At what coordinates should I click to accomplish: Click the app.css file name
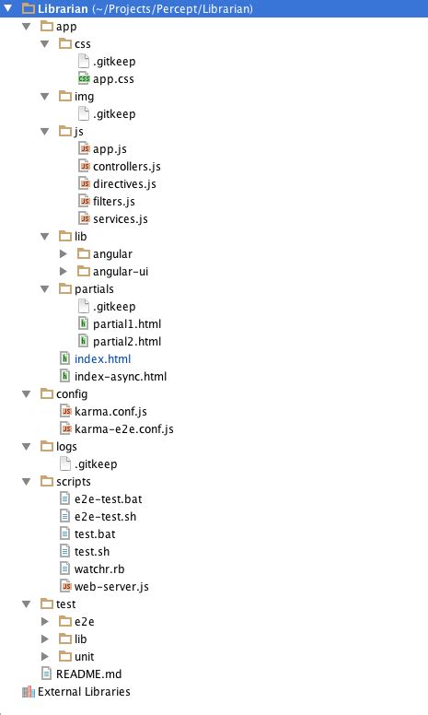pyautogui.click(x=113, y=79)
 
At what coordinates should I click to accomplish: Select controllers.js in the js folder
pyautogui.click(x=127, y=167)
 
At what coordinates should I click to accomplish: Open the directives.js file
pyautogui.click(x=124, y=183)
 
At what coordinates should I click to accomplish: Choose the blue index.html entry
pyautogui.click(x=102, y=358)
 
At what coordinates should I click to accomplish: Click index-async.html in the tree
pyautogui.click(x=121, y=376)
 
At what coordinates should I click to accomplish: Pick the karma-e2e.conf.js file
pyautogui.click(x=124, y=428)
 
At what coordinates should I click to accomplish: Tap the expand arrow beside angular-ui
pyautogui.click(x=64, y=271)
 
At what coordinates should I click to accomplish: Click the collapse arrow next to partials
pyautogui.click(x=44, y=288)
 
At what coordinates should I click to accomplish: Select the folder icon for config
pyautogui.click(x=47, y=393)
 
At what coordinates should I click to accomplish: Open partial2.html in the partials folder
pyautogui.click(x=127, y=341)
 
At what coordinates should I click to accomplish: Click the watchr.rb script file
pyautogui.click(x=99, y=568)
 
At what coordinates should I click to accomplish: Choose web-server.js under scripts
pyautogui.click(x=111, y=586)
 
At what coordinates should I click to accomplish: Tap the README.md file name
pyautogui.click(x=88, y=674)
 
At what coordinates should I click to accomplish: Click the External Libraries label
pyautogui.click(x=84, y=691)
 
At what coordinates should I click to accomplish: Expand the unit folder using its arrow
pyautogui.click(x=44, y=656)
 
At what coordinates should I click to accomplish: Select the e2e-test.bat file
pyautogui.click(x=108, y=498)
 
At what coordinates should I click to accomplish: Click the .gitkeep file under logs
pyautogui.click(x=96, y=463)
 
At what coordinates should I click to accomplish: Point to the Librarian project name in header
pyautogui.click(x=63, y=8)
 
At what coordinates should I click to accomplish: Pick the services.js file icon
pyautogui.click(x=85, y=218)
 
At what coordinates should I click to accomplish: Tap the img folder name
pyautogui.click(x=85, y=96)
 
